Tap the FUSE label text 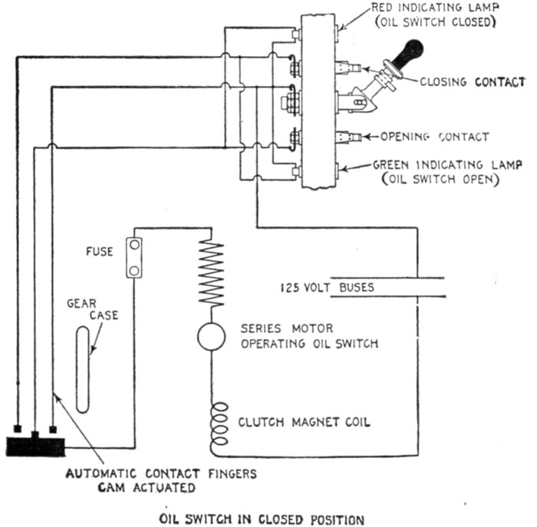point(100,252)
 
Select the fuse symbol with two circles point(134,258)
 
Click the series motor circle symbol point(211,335)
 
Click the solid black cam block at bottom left point(35,446)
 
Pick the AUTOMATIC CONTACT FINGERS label point(161,473)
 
